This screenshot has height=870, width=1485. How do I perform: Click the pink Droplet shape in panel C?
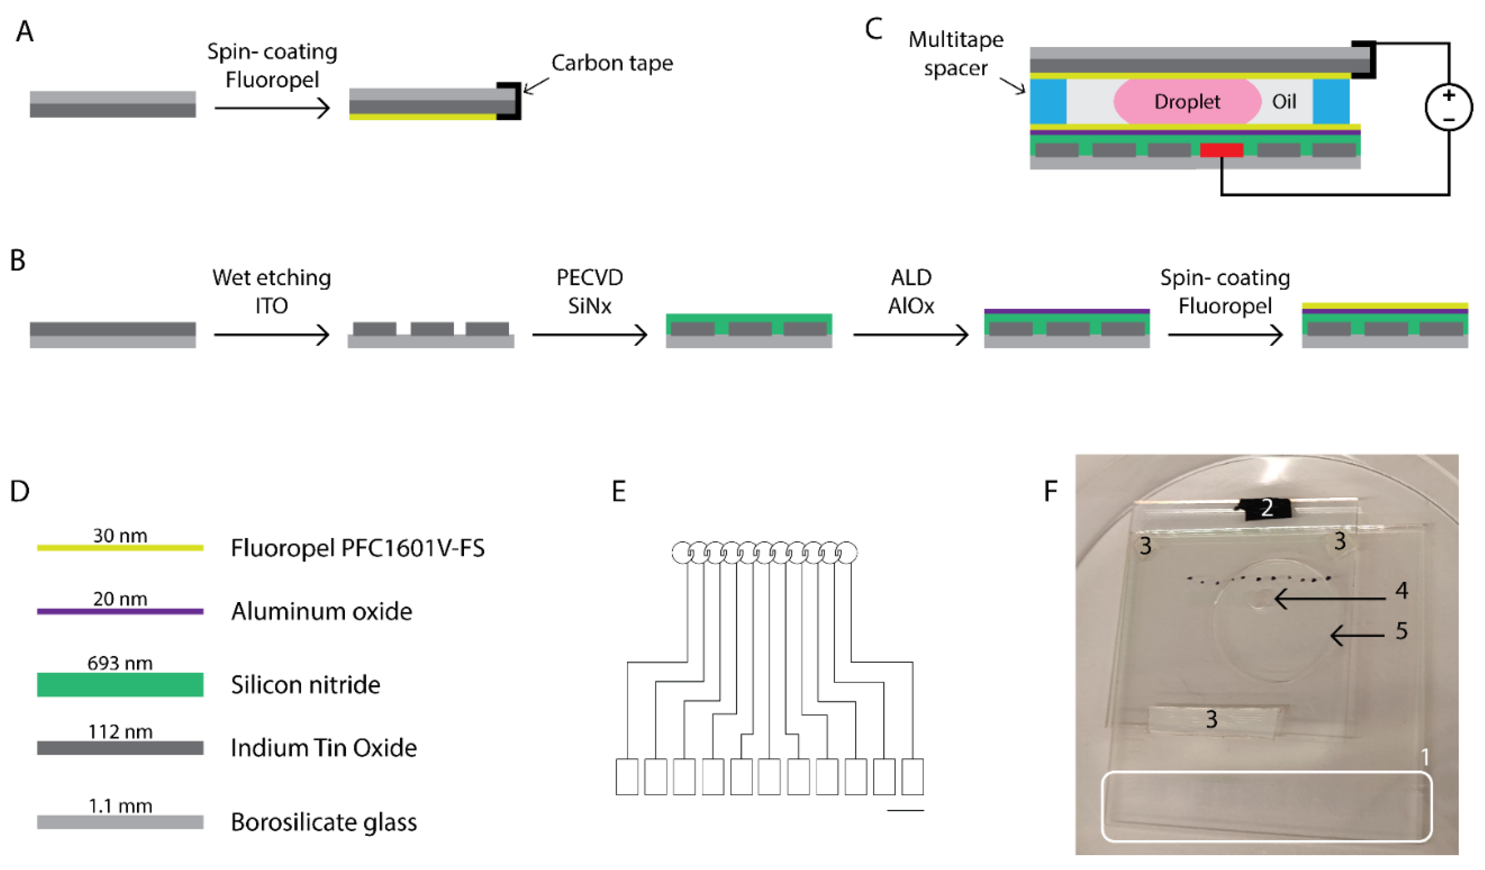[1186, 101]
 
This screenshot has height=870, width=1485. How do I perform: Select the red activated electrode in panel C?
[1221, 150]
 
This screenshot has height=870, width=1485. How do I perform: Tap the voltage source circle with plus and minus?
[1448, 107]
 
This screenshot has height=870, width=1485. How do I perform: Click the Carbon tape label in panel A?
[612, 63]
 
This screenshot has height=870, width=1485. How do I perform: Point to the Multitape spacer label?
[955, 54]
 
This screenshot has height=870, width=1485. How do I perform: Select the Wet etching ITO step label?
[272, 292]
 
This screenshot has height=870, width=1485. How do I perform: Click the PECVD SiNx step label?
[589, 292]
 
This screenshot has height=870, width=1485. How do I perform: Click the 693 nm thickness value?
[120, 663]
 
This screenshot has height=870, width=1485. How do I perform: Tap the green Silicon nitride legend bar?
[120, 684]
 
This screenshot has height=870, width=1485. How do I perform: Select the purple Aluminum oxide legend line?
[120, 611]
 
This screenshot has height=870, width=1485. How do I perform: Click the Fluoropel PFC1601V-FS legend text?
[358, 548]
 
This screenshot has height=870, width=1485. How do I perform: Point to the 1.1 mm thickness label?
[120, 805]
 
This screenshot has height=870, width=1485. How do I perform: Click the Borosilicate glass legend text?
[323, 822]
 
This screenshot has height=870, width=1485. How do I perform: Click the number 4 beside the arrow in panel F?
[1401, 590]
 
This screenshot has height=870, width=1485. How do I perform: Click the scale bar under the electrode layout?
[905, 811]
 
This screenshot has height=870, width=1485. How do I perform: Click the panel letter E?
[619, 491]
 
